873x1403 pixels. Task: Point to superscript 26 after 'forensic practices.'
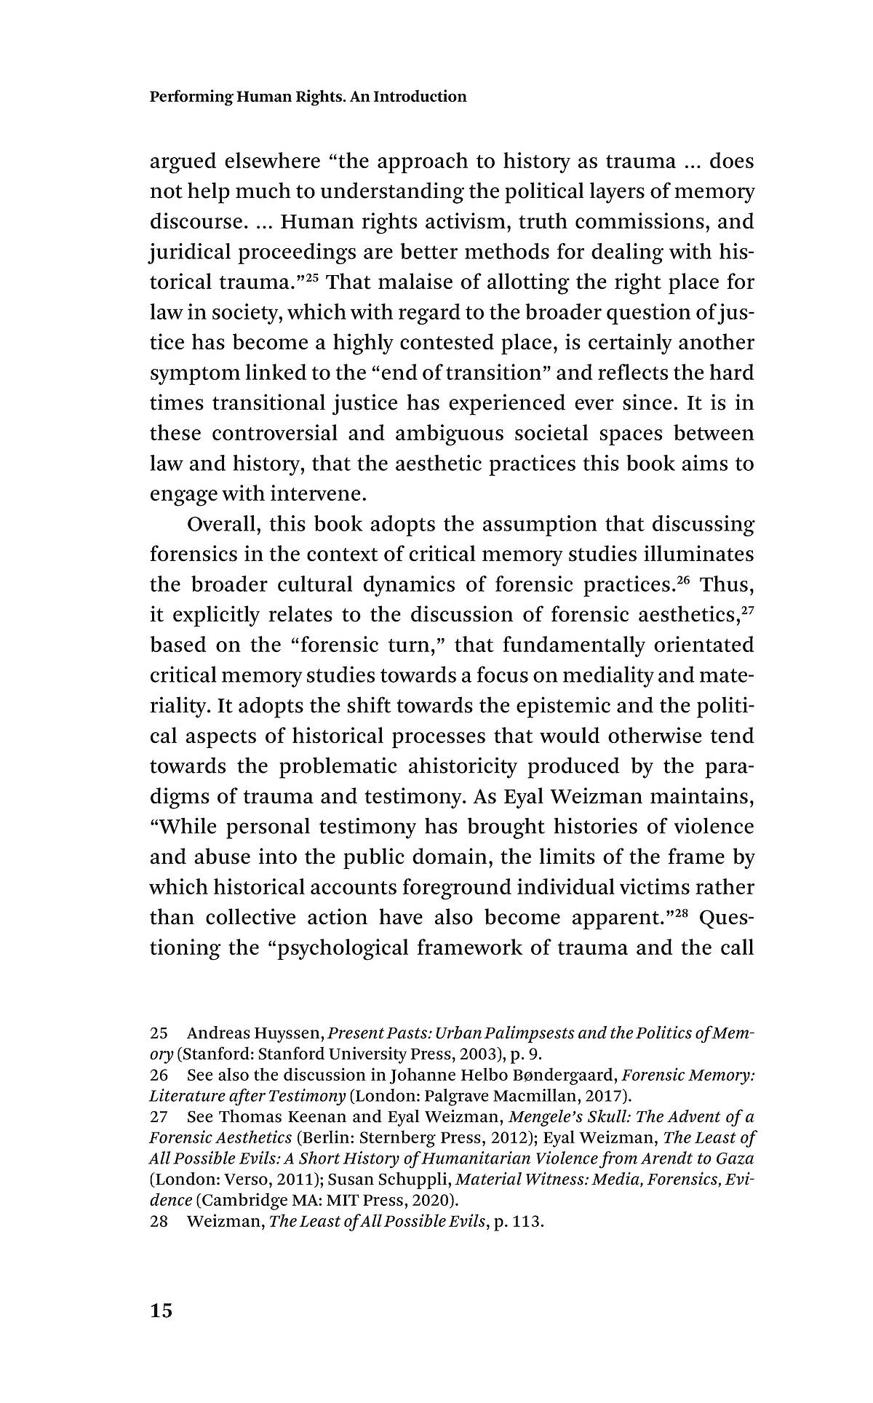click(x=683, y=580)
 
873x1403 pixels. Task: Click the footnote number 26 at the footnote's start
click(x=159, y=1076)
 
